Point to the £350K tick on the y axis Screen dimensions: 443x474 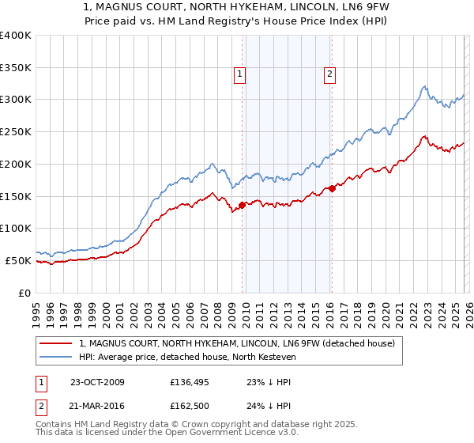pyautogui.click(x=16, y=68)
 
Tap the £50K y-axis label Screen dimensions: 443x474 pyautogui.click(x=18, y=260)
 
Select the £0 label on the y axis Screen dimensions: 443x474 pyautogui.click(x=24, y=293)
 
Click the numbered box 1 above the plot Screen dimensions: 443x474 pyautogui.click(x=239, y=75)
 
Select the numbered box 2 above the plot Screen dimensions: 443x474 pyautogui.click(x=329, y=75)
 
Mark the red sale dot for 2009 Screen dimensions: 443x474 pyautogui.click(x=243, y=205)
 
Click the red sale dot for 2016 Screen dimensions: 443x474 pyautogui.click(x=332, y=187)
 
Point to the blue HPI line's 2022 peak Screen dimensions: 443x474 pyautogui.click(x=425, y=86)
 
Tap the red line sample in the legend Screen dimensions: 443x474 pyautogui.click(x=57, y=343)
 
